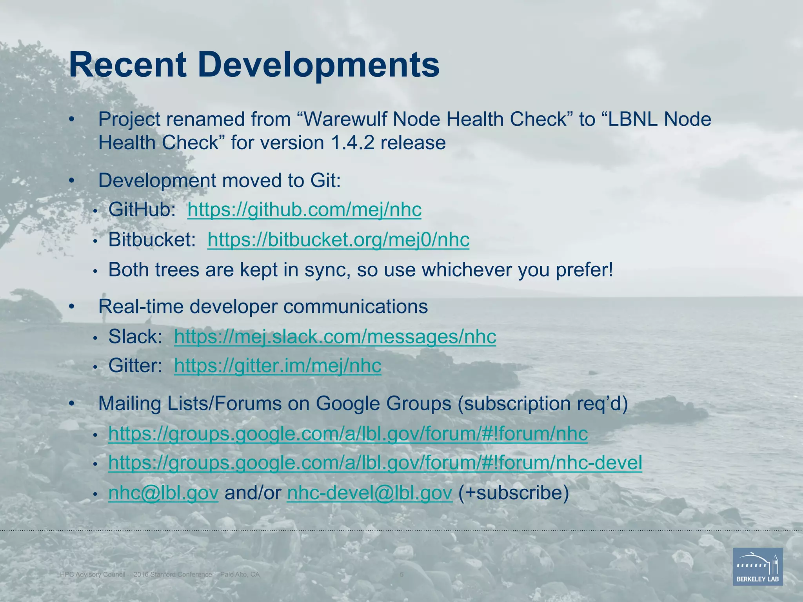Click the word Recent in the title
click(127, 65)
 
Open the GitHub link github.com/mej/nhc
click(304, 210)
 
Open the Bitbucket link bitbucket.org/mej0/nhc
click(338, 239)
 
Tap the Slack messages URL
click(335, 337)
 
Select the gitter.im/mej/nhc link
click(278, 366)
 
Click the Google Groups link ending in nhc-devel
click(375, 463)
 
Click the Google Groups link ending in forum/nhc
click(348, 433)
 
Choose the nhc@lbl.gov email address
click(163, 493)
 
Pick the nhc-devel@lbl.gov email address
click(369, 493)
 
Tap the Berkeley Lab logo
click(758, 566)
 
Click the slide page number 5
click(401, 575)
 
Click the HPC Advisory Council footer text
click(160, 575)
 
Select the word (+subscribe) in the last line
click(513, 493)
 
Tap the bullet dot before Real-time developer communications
click(71, 306)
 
